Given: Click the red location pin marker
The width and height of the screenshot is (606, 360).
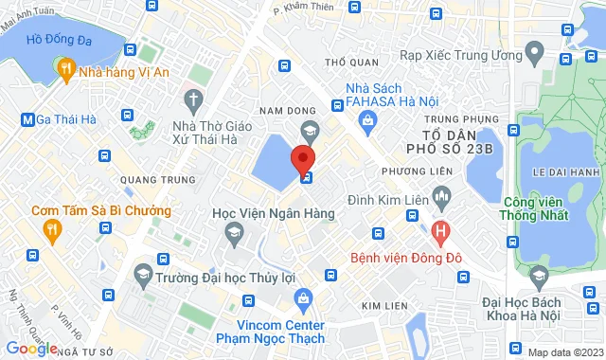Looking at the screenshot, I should pyautogui.click(x=303, y=157).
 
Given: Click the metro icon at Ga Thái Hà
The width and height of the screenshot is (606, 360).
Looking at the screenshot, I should pyautogui.click(x=27, y=119).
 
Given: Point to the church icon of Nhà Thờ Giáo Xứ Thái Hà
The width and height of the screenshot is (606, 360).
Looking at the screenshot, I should pyautogui.click(x=193, y=99).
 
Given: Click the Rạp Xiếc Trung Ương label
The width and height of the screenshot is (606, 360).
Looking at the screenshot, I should pyautogui.click(x=461, y=55).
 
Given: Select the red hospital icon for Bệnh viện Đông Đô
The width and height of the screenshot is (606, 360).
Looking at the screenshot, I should pyautogui.click(x=440, y=229).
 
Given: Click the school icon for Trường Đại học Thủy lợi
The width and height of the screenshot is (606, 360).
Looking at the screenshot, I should pyautogui.click(x=143, y=275).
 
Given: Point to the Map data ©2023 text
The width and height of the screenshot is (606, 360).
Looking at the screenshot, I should pyautogui.click(x=563, y=352).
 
